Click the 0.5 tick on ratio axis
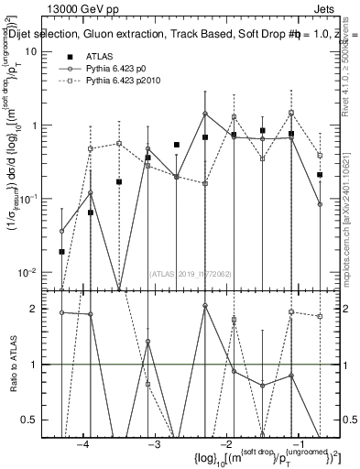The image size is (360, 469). tap(33, 420)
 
